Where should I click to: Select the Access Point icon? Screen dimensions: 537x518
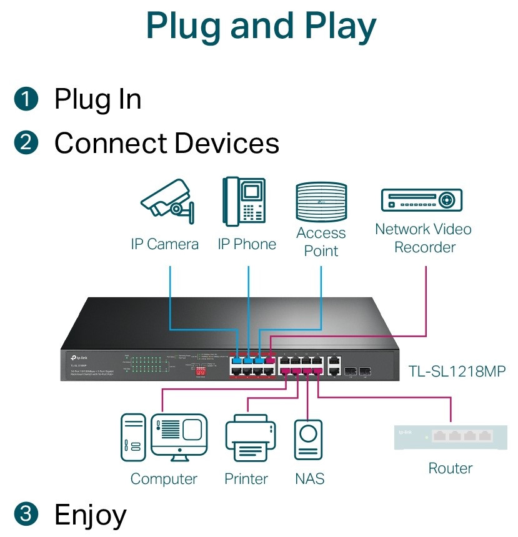click(x=321, y=201)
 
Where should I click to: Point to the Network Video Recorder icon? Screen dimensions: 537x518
click(x=422, y=200)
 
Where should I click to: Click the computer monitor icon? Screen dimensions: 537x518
click(x=179, y=436)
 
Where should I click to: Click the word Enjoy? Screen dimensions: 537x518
click(x=91, y=515)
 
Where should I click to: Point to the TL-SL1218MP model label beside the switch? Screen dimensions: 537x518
click(x=457, y=371)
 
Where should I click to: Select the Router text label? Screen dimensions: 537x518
click(x=451, y=468)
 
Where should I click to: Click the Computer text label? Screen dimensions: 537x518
click(x=164, y=479)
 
